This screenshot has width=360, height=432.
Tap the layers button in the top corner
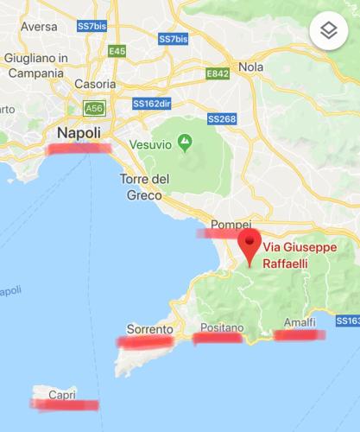[328, 31]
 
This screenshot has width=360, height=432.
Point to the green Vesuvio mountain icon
[185, 140]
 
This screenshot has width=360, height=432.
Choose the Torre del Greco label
[142, 187]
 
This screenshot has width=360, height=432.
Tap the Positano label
[222, 328]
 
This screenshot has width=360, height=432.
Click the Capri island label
[62, 395]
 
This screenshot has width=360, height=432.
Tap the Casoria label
[96, 85]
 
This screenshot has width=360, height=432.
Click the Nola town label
[250, 67]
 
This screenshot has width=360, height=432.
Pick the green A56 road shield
[93, 108]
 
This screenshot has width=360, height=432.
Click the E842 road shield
[217, 75]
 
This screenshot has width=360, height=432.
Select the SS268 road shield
[220, 117]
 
